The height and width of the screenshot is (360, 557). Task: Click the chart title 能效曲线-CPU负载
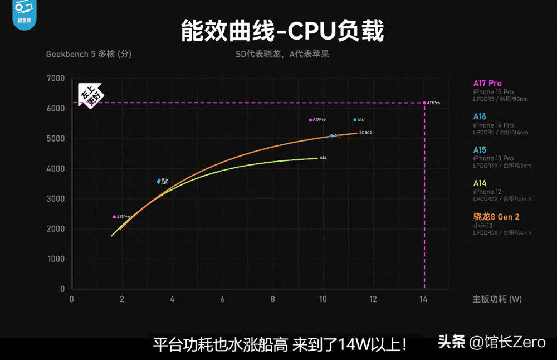click(x=282, y=31)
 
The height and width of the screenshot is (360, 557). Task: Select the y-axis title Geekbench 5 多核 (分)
click(x=89, y=54)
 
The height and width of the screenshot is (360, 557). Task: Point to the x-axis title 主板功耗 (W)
click(x=497, y=299)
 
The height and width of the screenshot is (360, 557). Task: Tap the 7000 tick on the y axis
click(x=55, y=79)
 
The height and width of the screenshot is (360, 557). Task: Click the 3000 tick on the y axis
click(x=55, y=199)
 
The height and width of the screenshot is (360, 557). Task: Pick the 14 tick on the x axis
click(x=423, y=299)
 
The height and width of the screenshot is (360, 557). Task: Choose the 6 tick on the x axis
click(x=222, y=299)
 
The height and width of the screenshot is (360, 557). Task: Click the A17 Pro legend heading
click(x=487, y=84)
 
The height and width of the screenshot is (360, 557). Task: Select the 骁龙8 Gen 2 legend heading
click(x=496, y=217)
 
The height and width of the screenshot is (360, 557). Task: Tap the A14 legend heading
click(x=480, y=183)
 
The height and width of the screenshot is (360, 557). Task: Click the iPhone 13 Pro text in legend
click(x=494, y=158)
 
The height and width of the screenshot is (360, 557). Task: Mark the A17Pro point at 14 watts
click(x=424, y=103)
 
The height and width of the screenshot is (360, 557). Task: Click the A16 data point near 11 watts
click(x=355, y=120)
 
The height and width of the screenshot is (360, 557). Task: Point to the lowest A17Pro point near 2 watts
click(x=114, y=217)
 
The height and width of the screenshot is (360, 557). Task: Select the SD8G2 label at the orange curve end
click(x=365, y=133)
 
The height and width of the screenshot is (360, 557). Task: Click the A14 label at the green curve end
click(x=323, y=158)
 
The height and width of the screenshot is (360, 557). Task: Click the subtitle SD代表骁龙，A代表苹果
click(x=282, y=55)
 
